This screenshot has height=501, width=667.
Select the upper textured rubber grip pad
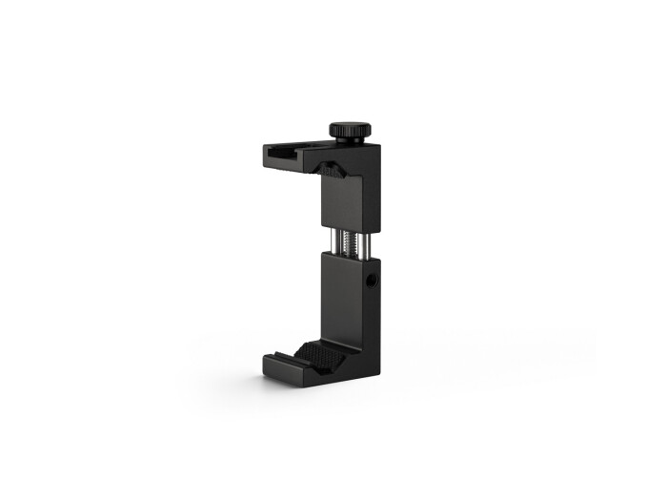coord(331,171)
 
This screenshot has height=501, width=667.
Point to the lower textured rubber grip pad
coord(319,356)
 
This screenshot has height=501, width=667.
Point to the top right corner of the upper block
coord(379,145)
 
